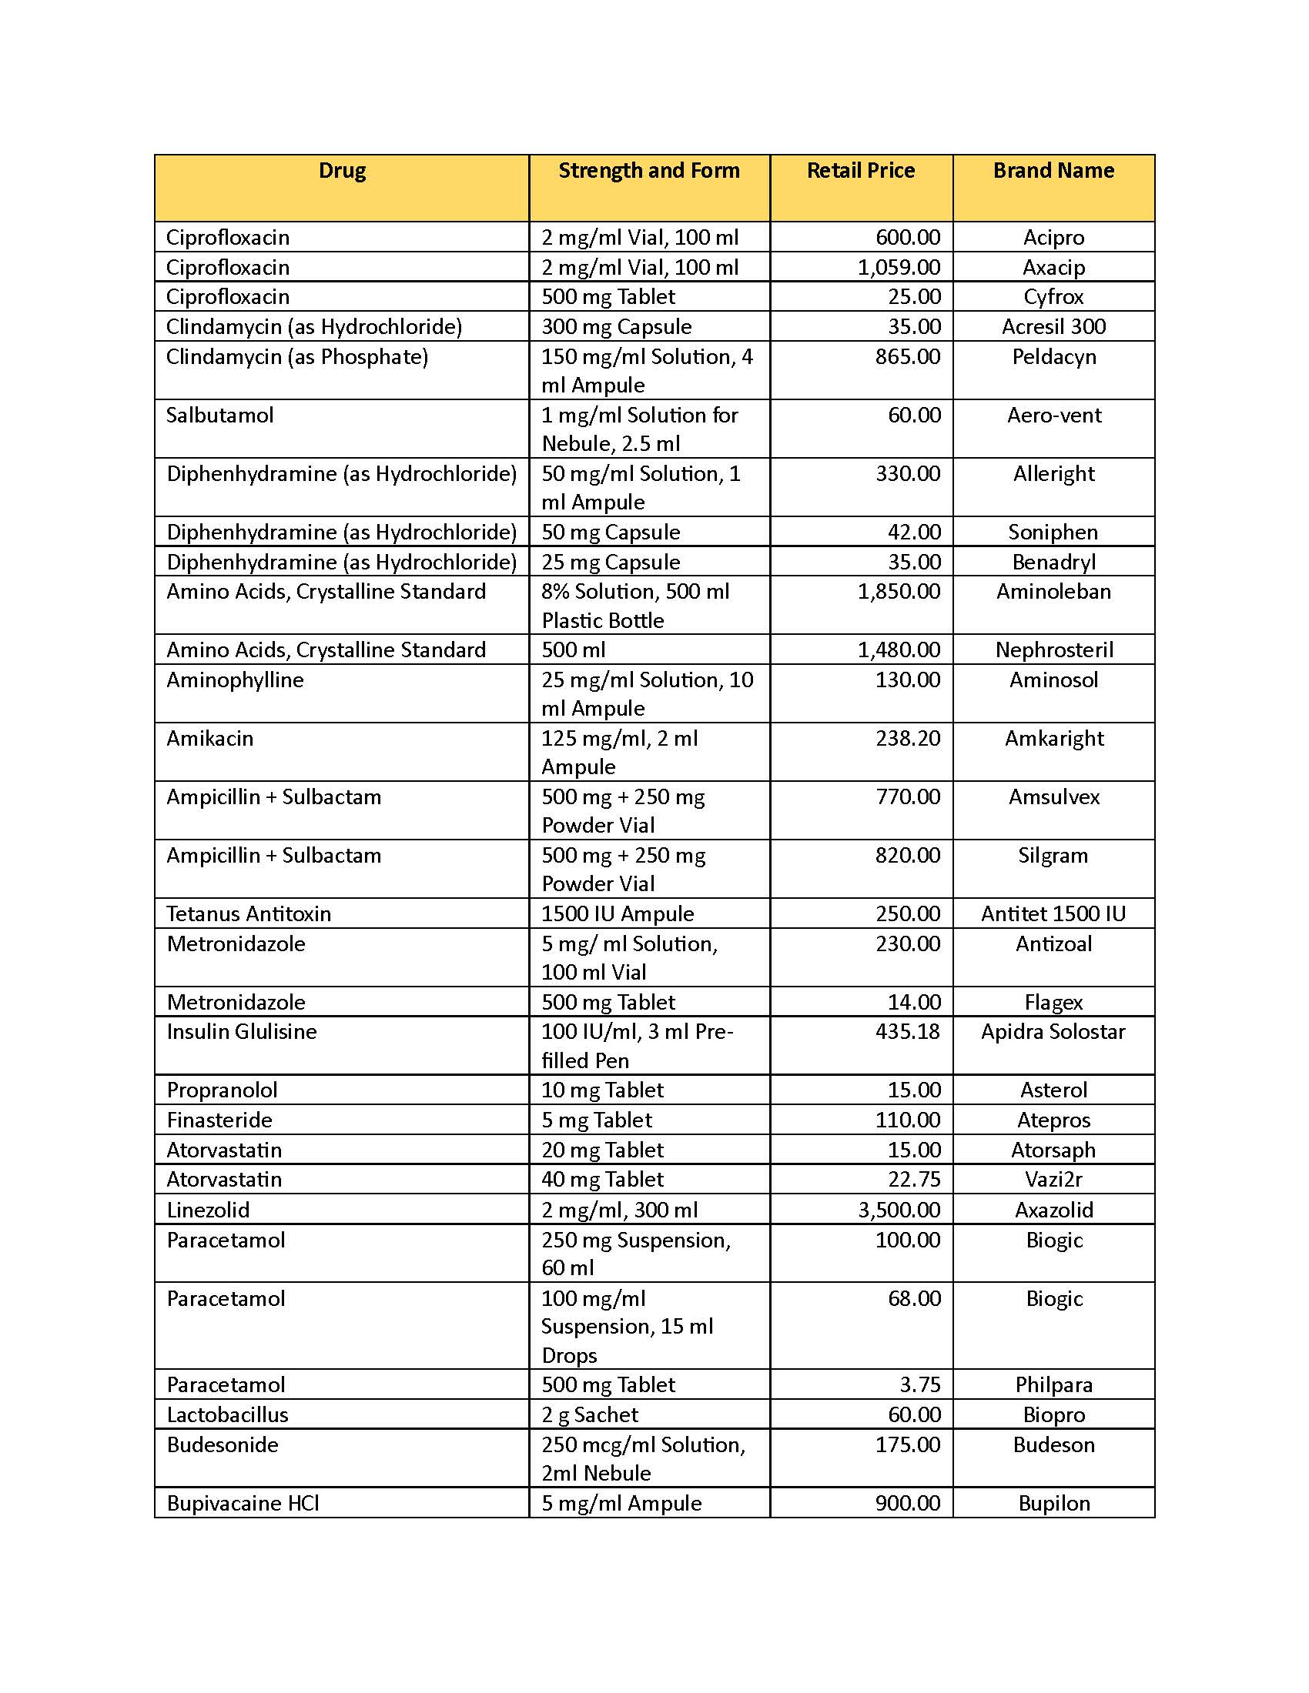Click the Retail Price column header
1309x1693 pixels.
point(860,171)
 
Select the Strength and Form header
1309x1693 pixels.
point(648,171)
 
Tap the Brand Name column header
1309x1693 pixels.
point(1053,171)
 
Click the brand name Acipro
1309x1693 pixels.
point(1053,237)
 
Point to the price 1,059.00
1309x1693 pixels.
point(898,268)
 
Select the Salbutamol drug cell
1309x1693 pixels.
point(219,416)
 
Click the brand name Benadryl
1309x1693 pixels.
point(1053,562)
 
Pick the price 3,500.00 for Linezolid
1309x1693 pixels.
point(898,1210)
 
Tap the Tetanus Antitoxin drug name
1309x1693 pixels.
point(248,914)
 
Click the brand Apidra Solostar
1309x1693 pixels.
point(1053,1032)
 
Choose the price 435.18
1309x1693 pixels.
point(907,1032)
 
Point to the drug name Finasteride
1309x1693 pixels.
point(219,1120)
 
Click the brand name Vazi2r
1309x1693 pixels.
point(1053,1180)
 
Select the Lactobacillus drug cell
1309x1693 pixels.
point(227,1414)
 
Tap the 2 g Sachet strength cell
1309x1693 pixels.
point(589,1414)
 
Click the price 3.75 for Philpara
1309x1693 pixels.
point(919,1384)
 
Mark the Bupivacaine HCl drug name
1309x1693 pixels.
point(243,1503)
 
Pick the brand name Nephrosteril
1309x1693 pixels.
point(1053,649)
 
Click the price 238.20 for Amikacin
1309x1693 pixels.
point(907,739)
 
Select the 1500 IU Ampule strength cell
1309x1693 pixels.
point(618,914)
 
